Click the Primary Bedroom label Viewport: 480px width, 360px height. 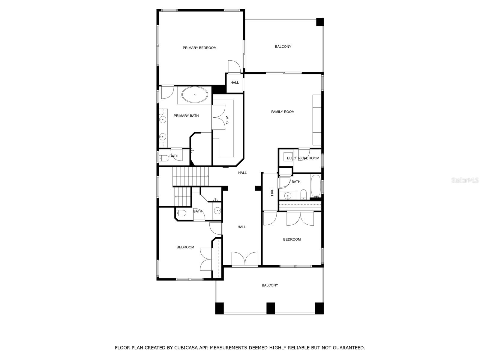coord(199,48)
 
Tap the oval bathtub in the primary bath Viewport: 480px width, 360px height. coord(195,95)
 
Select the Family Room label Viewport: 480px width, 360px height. coord(283,112)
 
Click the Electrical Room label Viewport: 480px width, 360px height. coord(303,158)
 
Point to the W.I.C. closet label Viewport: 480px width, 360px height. coord(227,120)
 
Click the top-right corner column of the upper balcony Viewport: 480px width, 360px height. coord(320,22)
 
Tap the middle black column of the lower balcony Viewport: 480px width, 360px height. coord(271,308)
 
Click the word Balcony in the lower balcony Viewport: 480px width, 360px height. coord(270,285)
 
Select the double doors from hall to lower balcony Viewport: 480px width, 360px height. coord(245,259)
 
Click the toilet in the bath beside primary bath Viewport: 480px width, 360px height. coord(163,158)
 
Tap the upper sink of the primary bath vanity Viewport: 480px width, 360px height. coord(162,120)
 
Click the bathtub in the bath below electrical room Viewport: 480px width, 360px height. coord(316,186)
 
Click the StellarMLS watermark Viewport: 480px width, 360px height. coord(465,180)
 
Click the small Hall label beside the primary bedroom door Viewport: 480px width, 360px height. coord(235,82)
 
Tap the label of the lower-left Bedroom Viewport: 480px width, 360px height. coord(185,247)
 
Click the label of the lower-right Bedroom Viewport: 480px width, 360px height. coord(292,239)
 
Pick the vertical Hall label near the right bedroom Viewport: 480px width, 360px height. coord(272,193)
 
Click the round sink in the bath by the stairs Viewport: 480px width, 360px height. coord(217,211)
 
